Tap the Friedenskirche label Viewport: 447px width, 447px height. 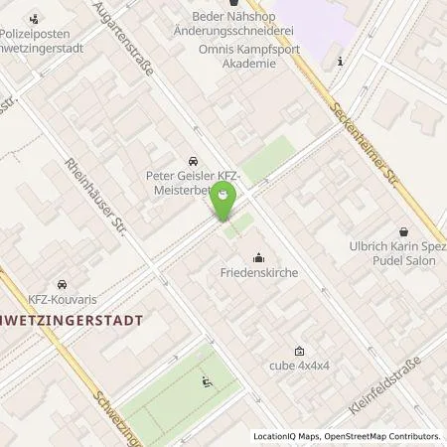click(x=260, y=270)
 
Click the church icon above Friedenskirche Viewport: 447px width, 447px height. click(x=260, y=256)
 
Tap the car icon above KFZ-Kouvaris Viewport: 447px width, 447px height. click(x=62, y=283)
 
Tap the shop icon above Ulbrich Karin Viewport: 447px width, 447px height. click(x=403, y=229)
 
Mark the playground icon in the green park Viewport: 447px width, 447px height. click(x=207, y=381)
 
